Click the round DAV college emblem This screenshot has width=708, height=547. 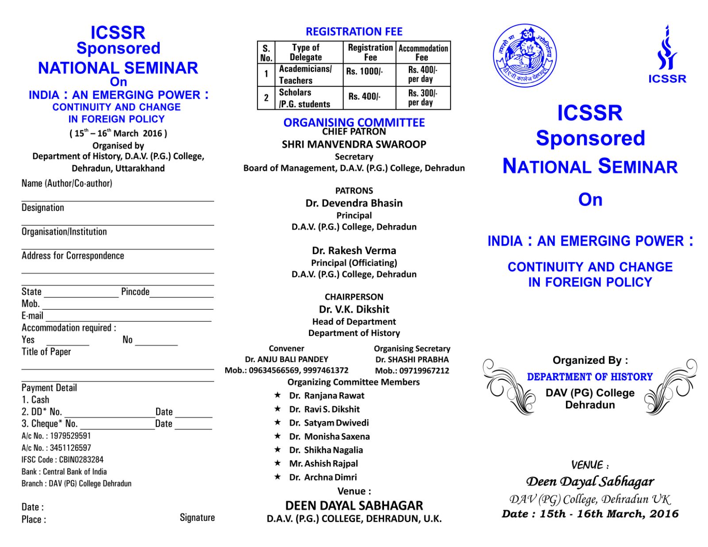525,56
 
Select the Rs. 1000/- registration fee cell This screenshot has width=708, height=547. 365,71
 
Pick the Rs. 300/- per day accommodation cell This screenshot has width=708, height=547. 423,97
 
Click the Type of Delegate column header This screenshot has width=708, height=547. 305,52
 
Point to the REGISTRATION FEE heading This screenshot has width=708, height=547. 354,31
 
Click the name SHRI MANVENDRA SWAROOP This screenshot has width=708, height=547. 354,144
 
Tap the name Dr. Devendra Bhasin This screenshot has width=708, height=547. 354,203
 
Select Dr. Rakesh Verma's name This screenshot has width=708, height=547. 354,250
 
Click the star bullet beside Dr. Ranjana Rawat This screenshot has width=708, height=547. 277,395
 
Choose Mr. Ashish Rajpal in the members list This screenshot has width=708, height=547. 323,463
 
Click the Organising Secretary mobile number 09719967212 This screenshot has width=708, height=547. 412,370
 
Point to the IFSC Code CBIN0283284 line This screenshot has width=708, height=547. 62,459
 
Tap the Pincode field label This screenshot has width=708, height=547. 135,292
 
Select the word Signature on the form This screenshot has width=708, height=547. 197,517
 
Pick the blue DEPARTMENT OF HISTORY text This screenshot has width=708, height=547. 590,377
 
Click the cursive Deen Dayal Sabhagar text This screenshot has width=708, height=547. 590,482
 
